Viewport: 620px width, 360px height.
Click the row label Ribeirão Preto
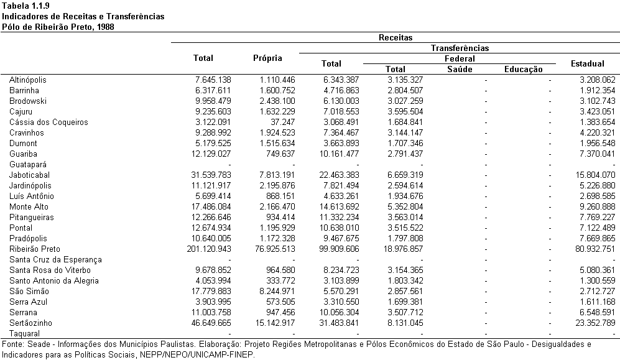click(x=35, y=249)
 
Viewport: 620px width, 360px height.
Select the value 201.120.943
click(x=209, y=249)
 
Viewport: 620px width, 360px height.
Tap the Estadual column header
click(x=587, y=63)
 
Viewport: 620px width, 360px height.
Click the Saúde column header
click(x=460, y=69)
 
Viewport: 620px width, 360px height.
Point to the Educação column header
click(x=523, y=69)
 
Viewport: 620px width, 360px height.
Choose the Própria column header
click(x=267, y=58)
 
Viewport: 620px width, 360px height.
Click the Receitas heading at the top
click(x=396, y=37)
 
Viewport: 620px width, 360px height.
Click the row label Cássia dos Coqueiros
click(x=49, y=122)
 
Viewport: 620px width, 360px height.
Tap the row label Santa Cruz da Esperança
click(x=55, y=260)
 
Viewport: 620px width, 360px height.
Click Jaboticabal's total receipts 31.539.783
click(x=211, y=175)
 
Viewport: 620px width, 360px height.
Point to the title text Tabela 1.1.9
click(x=25, y=6)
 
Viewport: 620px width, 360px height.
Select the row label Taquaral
click(x=24, y=333)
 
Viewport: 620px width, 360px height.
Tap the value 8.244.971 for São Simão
click(x=275, y=291)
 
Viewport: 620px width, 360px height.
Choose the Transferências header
click(x=460, y=48)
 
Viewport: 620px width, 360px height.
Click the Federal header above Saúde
click(x=460, y=59)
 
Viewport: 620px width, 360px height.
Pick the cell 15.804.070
click(x=595, y=175)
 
